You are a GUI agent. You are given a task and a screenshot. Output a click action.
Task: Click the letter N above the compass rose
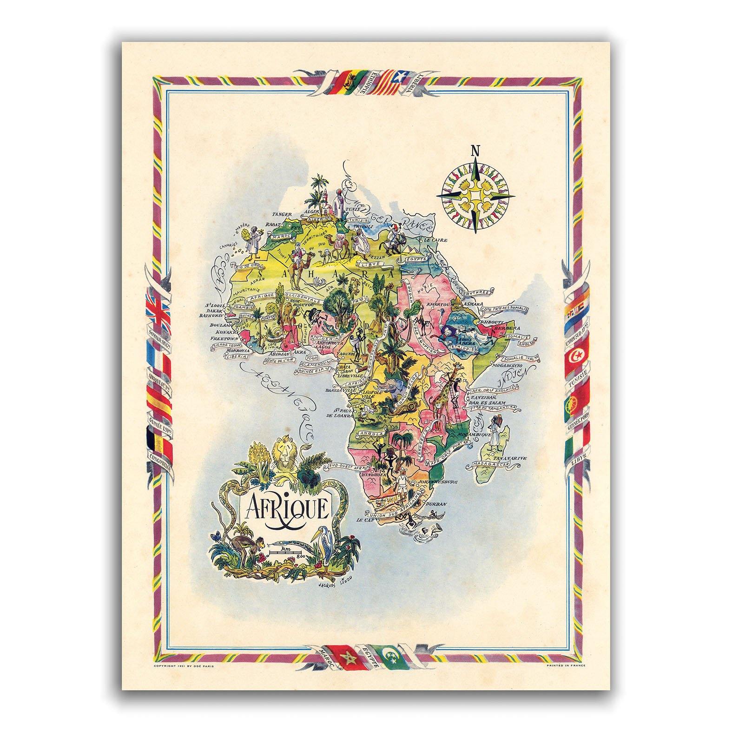pos(475,151)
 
